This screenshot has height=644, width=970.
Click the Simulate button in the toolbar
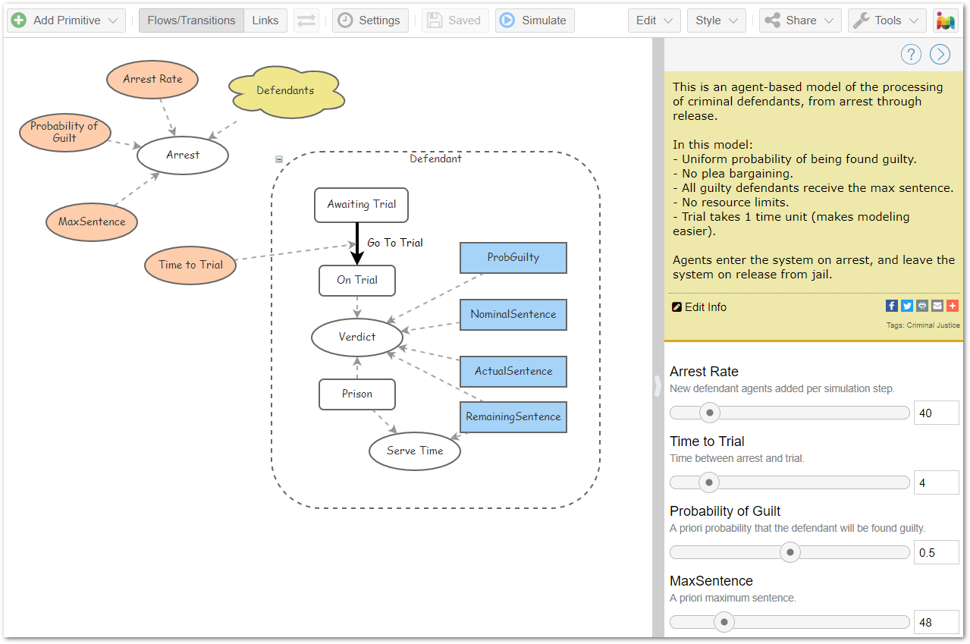coord(535,20)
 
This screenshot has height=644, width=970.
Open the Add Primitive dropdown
coord(66,20)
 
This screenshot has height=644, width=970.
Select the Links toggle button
coord(265,20)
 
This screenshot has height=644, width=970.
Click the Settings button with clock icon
coord(370,20)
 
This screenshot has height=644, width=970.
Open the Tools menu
coord(887,20)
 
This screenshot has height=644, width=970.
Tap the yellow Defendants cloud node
coord(286,91)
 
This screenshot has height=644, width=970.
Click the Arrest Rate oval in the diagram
coord(152,79)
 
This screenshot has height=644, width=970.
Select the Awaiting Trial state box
coord(361,205)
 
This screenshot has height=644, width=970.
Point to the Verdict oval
coord(356,338)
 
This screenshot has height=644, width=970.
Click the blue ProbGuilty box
coord(513,258)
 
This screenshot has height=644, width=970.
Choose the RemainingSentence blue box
coord(513,417)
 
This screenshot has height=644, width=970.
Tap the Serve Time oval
coord(415,451)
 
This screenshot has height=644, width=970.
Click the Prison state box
coord(356,394)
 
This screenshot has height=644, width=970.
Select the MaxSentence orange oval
coord(92,222)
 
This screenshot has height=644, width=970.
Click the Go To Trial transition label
coord(395,243)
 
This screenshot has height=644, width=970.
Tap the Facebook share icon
coord(891,306)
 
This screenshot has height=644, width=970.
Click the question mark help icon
coord(911,55)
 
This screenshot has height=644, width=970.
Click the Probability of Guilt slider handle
coord(789,552)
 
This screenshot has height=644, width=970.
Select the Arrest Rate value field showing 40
coord(936,413)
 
